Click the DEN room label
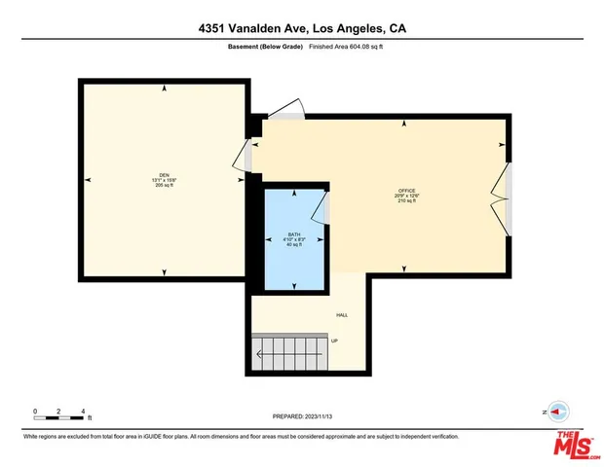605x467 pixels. click(165, 174)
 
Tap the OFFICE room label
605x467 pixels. click(406, 190)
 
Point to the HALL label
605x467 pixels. click(342, 315)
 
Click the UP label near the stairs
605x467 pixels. click(335, 341)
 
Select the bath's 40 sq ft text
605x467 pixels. click(293, 244)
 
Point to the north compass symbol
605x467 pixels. click(556, 412)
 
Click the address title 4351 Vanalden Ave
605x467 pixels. click(302, 28)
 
